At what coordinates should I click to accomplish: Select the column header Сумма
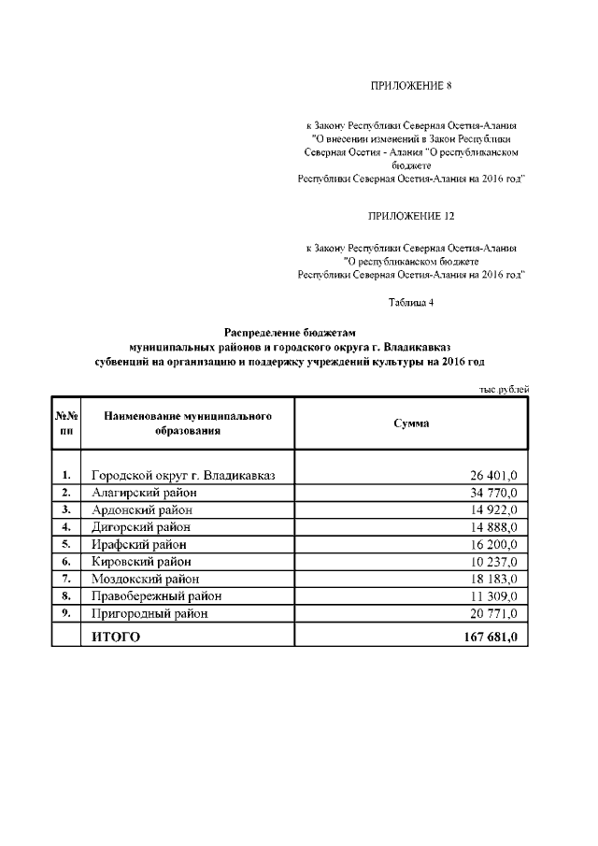tap(411, 423)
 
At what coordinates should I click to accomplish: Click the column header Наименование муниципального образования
tap(188, 423)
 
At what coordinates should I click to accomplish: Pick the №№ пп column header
tap(66, 423)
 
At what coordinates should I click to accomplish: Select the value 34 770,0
tap(494, 492)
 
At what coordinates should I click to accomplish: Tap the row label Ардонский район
tap(142, 509)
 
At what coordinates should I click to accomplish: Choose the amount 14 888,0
tap(494, 527)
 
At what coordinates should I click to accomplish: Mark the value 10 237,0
tap(494, 562)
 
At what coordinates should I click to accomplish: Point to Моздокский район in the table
tap(147, 580)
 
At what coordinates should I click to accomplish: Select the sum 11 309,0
tap(494, 596)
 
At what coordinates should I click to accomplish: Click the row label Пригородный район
tap(149, 614)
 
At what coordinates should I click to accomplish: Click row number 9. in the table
tap(66, 614)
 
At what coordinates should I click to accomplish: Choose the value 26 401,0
tap(494, 475)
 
